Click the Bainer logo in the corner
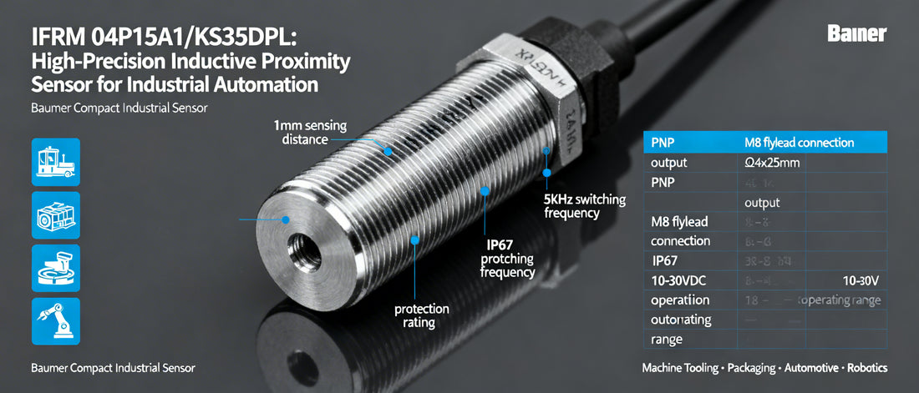coord(856,34)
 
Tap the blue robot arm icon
coord(55,321)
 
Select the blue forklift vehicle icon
coord(55,161)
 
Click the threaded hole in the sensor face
coord(301,248)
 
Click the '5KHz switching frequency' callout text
coord(572,206)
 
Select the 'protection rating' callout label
coord(421,315)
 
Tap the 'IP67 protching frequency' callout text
coord(507,259)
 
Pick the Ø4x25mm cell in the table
coord(772,163)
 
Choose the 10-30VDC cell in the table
coord(678,280)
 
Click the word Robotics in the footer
coord(866,368)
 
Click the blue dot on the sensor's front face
coord(286,219)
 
